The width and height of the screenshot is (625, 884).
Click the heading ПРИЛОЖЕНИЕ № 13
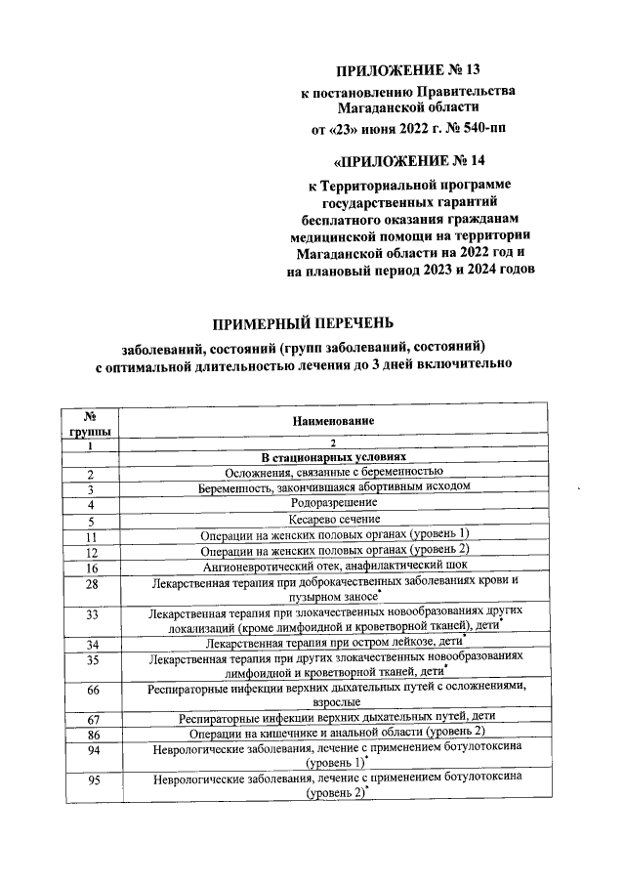pyautogui.click(x=408, y=71)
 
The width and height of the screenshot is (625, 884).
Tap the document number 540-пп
pyautogui.click(x=480, y=127)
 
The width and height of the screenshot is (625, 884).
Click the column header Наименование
pyautogui.click(x=332, y=420)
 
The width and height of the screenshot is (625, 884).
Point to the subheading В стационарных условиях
pyautogui.click(x=332, y=456)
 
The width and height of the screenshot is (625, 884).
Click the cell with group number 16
pyautogui.click(x=91, y=567)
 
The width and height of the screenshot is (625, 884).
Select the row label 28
pyautogui.click(x=91, y=585)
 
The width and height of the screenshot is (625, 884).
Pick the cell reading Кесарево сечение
pyautogui.click(x=332, y=519)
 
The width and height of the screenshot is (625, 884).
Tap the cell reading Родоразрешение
pyautogui.click(x=332, y=503)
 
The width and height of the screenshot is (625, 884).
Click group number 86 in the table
pyautogui.click(x=91, y=732)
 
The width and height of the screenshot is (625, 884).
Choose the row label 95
pyautogui.click(x=91, y=779)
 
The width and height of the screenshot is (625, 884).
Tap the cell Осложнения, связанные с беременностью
pyautogui.click(x=332, y=472)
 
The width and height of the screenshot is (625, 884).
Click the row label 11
pyautogui.click(x=91, y=535)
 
